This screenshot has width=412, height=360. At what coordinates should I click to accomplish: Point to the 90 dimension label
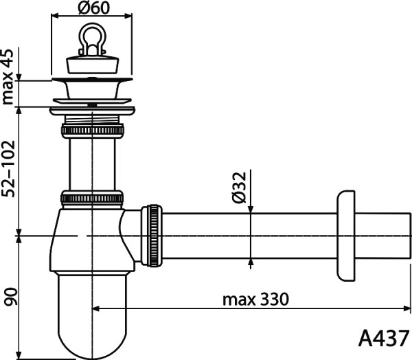coord(9,296)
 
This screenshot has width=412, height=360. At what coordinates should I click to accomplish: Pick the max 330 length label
coord(255,300)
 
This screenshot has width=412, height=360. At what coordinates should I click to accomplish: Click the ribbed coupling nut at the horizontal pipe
coord(152,233)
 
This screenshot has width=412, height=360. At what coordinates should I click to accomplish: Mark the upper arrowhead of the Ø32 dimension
coord(251,210)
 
